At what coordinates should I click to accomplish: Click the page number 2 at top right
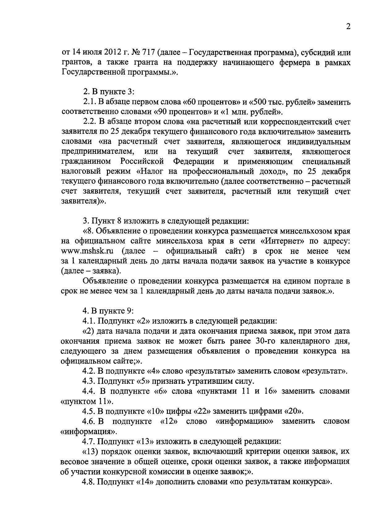[x=348, y=27]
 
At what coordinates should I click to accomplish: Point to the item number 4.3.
[x=89, y=381]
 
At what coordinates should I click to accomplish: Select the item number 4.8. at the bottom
[x=89, y=482]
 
